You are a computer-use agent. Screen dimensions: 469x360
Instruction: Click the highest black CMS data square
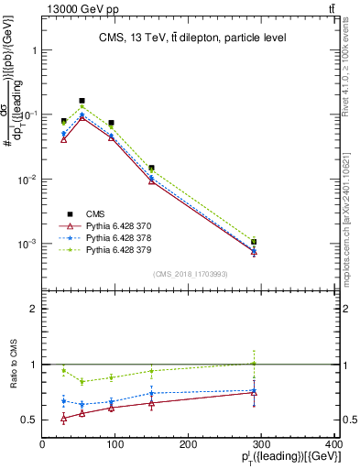pos(82,101)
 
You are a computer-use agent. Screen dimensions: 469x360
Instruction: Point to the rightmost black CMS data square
pos(254,242)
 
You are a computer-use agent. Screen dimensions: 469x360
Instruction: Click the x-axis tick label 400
pos(333,444)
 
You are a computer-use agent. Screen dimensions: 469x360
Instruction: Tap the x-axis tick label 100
pos(115,444)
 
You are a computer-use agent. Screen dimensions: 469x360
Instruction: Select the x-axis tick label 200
pos(189,444)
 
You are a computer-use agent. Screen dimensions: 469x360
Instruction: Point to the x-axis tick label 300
pos(261,444)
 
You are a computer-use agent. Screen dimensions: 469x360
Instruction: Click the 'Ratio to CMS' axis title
pos(11,365)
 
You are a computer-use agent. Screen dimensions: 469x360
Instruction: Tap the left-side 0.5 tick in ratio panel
pos(30,420)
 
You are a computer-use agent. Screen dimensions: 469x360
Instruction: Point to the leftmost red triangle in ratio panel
pos(63,419)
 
